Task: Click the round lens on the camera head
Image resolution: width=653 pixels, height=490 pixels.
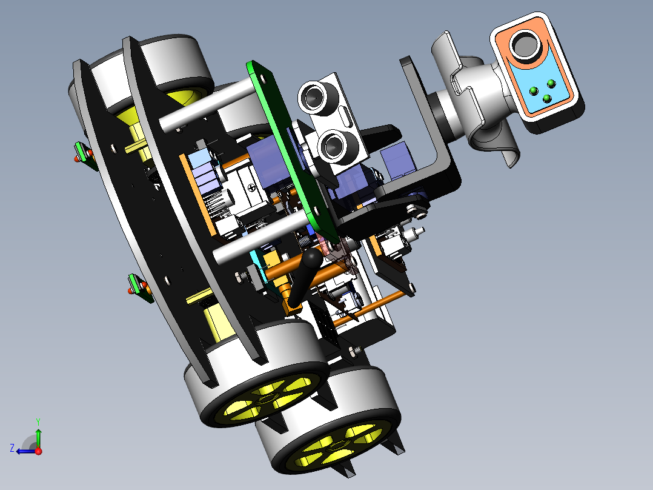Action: click(526, 45)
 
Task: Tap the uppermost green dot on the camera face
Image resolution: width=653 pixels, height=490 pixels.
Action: click(551, 84)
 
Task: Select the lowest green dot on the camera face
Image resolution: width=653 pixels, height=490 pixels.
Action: click(547, 99)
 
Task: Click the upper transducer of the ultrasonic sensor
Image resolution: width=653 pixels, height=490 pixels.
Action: click(314, 97)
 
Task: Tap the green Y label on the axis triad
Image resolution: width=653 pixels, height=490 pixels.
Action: click(38, 421)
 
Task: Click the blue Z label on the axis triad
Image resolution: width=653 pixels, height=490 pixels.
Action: click(12, 448)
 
